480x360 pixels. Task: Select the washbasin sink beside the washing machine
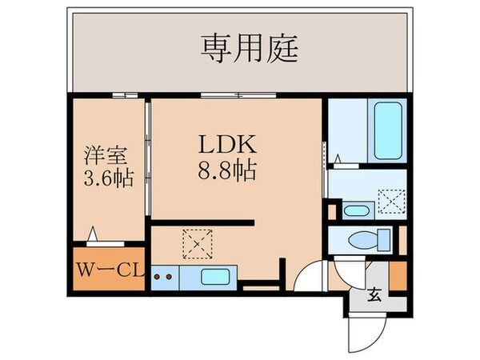coord(356,211)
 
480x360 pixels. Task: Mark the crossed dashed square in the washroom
coord(391,200)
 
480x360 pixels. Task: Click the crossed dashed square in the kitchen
coord(194,242)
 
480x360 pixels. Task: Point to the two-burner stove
coord(164,278)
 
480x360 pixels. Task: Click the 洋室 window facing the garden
coord(120,95)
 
